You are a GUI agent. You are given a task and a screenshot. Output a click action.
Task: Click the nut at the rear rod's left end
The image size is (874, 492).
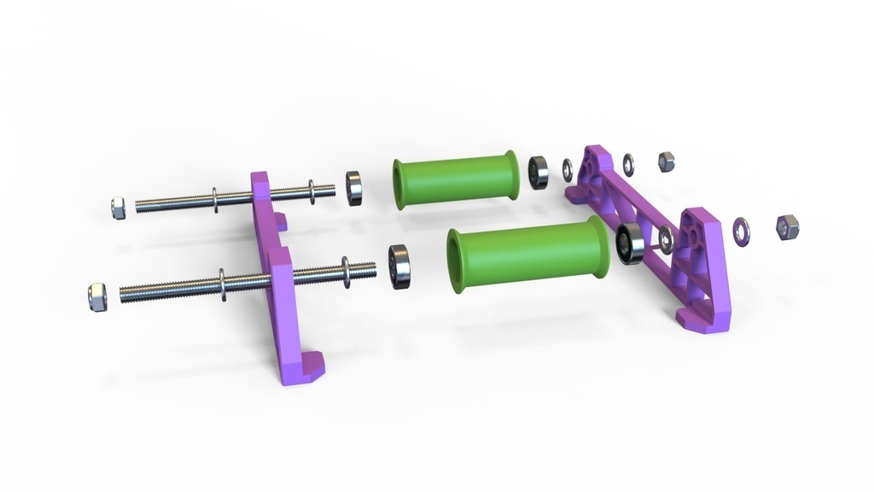pos(119,208)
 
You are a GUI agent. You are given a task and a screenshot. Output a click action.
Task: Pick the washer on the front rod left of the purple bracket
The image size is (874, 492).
pos(222,284)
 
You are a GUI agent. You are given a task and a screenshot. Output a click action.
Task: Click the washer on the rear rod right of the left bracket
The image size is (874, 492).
pos(312,192)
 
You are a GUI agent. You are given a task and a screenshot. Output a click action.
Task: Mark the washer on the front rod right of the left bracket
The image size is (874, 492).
pos(347,272)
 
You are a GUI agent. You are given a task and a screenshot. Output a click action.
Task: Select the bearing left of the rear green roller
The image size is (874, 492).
pos(354,188)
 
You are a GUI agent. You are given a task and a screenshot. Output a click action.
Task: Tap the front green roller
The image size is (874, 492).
pos(527,254)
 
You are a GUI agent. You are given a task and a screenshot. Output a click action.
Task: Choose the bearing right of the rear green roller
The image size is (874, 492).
pos(538,173)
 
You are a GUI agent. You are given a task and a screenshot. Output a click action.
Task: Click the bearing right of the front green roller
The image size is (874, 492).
pos(630,244)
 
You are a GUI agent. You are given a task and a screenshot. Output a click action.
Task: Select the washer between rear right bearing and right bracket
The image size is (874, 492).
pos(568,169)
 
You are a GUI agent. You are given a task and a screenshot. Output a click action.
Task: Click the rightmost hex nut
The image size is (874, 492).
pos(786,226)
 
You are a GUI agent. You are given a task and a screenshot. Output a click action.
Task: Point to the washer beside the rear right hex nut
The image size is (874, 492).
pos(629,163)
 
